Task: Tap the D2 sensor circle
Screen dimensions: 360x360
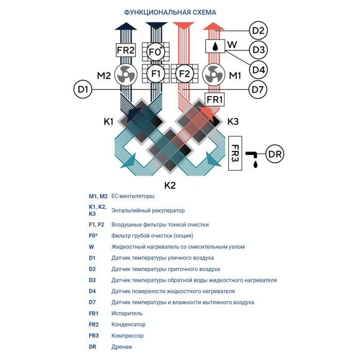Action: coord(259,31)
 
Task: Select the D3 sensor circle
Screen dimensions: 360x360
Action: coord(259,50)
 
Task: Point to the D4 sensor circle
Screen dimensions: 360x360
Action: coord(259,69)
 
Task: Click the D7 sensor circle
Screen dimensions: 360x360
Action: coord(259,90)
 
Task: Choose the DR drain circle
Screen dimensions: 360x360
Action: coord(275,153)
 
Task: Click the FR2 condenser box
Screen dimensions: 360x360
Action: coord(125,51)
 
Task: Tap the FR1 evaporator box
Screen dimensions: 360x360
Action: coord(214,99)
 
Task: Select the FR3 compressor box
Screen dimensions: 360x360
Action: coord(236,153)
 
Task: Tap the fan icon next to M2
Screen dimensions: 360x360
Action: coord(125,76)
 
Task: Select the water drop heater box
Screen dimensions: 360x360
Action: coord(213,46)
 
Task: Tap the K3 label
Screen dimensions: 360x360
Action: coord(233,122)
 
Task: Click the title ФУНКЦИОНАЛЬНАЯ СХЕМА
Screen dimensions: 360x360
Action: coord(170,12)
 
